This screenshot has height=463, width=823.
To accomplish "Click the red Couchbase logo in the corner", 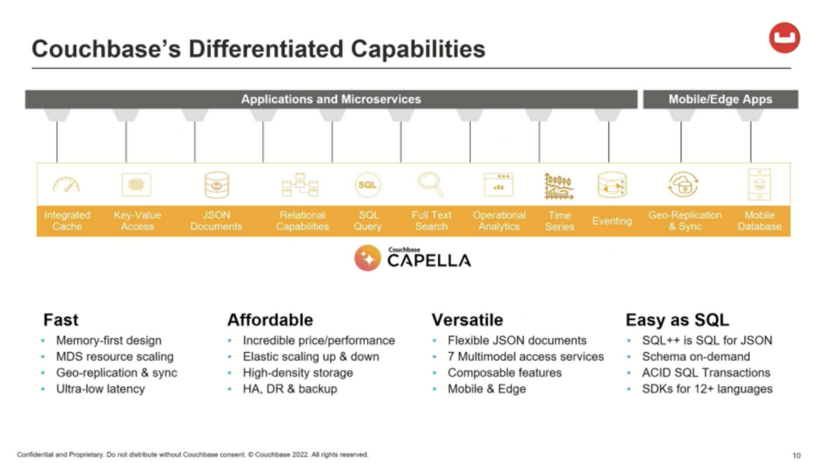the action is tap(784, 37).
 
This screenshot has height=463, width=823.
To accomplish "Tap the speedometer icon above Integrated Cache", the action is tap(66, 184).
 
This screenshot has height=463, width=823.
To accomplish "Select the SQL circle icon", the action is tap(367, 184).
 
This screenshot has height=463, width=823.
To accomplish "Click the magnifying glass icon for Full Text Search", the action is tap(431, 184).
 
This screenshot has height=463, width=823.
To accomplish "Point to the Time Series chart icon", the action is tap(559, 186).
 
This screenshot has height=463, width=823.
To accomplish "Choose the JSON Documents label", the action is tap(216, 220).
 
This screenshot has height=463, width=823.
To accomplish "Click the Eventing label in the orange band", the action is tap(612, 221).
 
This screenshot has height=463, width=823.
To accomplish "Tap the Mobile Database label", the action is tap(760, 220).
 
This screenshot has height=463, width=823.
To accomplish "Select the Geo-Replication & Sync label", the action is tap(685, 220).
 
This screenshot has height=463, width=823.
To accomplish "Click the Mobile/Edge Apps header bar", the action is tap(721, 99).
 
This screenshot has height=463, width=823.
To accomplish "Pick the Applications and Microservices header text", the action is tap(330, 99).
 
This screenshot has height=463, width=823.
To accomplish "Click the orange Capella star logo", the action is tap(367, 258).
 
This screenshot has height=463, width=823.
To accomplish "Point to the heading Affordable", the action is tap(270, 320).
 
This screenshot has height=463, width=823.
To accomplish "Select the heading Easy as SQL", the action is tap(677, 320).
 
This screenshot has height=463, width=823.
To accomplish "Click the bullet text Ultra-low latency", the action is tap(100, 389).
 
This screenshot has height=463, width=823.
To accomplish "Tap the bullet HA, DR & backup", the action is tap(289, 389).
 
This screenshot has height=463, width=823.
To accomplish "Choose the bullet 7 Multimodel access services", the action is tap(526, 356).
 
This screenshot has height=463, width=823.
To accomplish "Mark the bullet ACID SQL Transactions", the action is tap(706, 373).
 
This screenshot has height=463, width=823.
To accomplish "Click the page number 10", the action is tap(796, 455).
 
